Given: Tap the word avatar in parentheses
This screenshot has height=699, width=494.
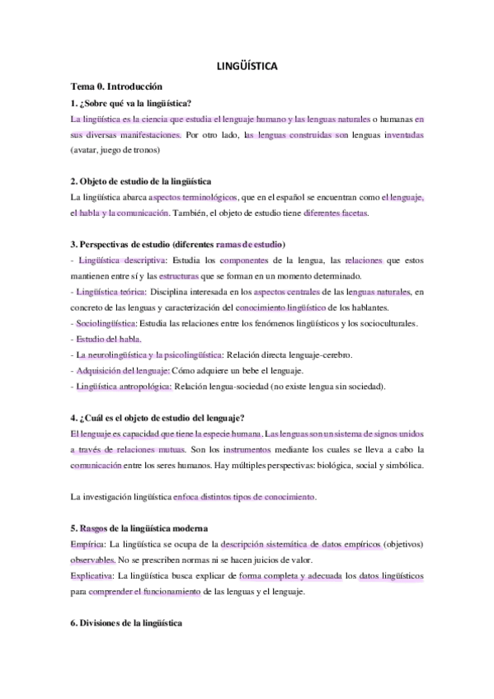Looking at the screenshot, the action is click(x=89, y=150).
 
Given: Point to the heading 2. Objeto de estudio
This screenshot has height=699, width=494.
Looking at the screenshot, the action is click(x=141, y=181).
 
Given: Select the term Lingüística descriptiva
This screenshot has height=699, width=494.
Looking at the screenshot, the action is click(x=120, y=260).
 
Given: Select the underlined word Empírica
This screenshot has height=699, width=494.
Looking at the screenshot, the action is click(x=89, y=544).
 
